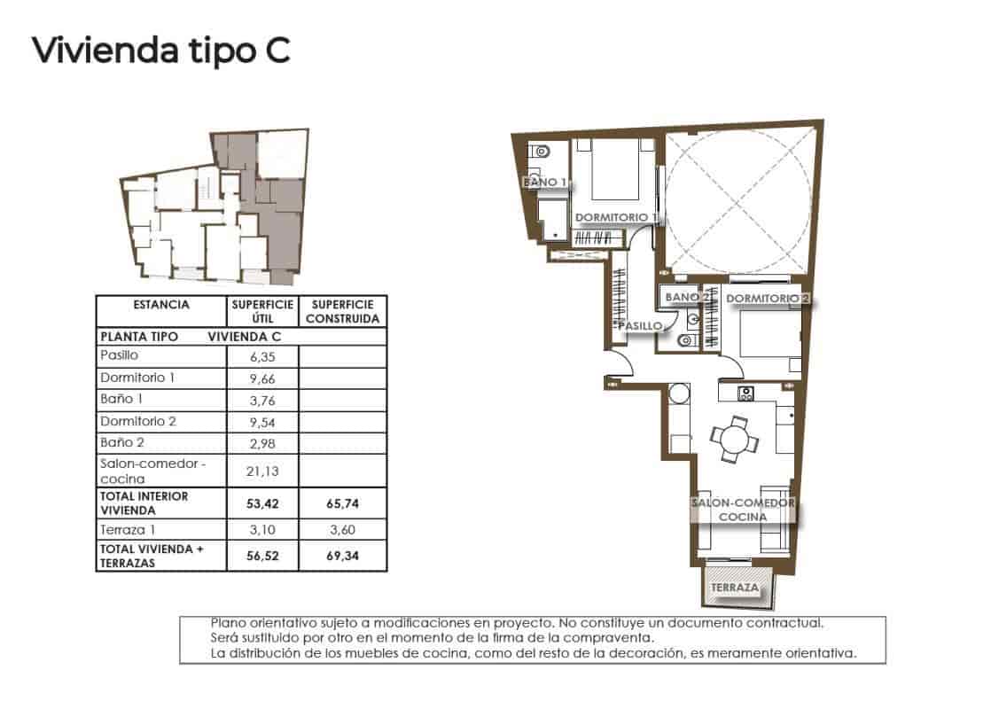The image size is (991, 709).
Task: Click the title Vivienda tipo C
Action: (x=160, y=51)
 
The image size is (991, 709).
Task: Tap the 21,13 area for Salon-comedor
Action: (x=263, y=471)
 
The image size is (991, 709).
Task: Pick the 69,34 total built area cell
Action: (x=342, y=557)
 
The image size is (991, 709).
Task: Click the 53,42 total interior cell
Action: (x=263, y=504)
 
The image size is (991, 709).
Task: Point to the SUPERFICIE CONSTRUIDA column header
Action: (x=342, y=311)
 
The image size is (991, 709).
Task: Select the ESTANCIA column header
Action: (x=160, y=305)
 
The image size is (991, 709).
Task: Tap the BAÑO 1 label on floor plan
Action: (x=544, y=183)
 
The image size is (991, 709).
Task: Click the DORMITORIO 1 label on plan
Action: (x=616, y=217)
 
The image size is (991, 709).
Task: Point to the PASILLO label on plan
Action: (x=640, y=326)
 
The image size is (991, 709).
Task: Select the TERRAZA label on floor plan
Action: (x=734, y=588)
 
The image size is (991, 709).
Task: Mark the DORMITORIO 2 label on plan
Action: (x=768, y=299)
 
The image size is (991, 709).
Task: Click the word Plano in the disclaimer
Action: (x=228, y=623)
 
